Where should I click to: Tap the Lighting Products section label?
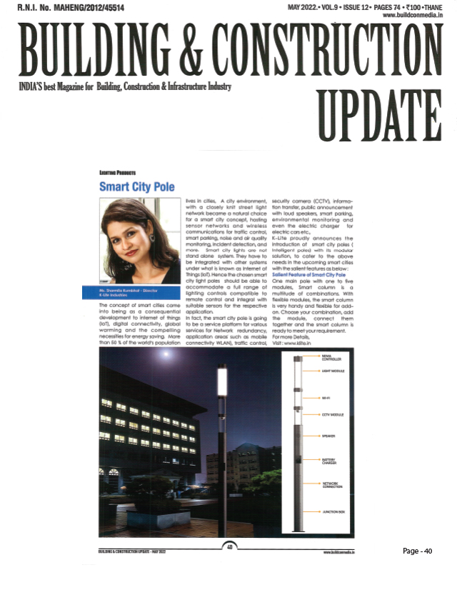click(118, 172)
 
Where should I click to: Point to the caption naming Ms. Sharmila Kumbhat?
click(136, 291)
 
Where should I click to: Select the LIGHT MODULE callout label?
click(333, 372)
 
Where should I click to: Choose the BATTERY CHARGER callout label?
click(330, 462)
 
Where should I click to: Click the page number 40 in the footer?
click(230, 547)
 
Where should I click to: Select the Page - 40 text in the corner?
click(418, 551)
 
